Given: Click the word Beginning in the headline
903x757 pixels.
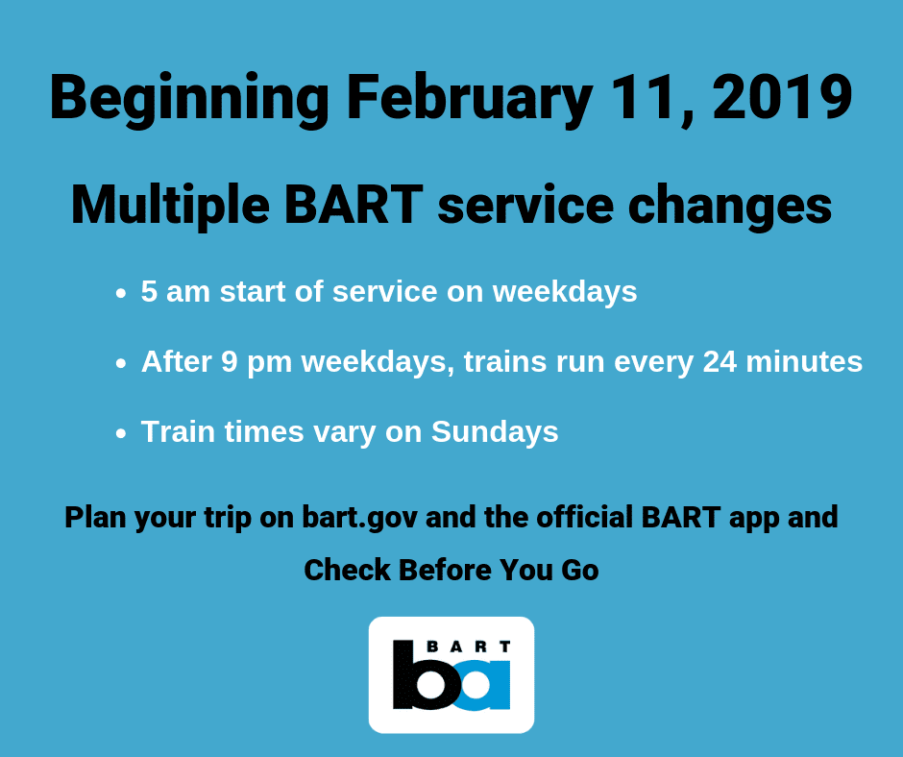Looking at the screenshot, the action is pos(189,99).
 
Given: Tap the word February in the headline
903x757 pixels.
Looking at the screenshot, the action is pos(470,99).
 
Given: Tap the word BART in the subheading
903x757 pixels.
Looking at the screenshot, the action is pos(354,204).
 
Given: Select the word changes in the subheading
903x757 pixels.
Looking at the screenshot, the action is pos(730,207).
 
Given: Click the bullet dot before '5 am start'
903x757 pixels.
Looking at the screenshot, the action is pos(120,293).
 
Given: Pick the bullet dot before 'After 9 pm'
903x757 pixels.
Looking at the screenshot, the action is pos(120,363).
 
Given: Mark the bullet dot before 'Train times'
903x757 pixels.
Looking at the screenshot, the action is pos(120,433).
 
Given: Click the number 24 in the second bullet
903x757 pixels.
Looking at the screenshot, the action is pos(720,362).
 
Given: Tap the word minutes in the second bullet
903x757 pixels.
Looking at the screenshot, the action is pos(804,362).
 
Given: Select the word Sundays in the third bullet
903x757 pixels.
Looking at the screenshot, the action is pos(495,433).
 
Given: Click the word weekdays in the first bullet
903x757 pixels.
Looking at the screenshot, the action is pos(565,292).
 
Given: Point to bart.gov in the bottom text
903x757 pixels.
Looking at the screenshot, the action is pos(360,519).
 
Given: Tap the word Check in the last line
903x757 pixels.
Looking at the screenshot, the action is pos(347,570).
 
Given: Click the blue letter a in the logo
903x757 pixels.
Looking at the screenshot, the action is pos(484,686).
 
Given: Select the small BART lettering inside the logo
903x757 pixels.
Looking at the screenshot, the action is pos(468,647).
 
